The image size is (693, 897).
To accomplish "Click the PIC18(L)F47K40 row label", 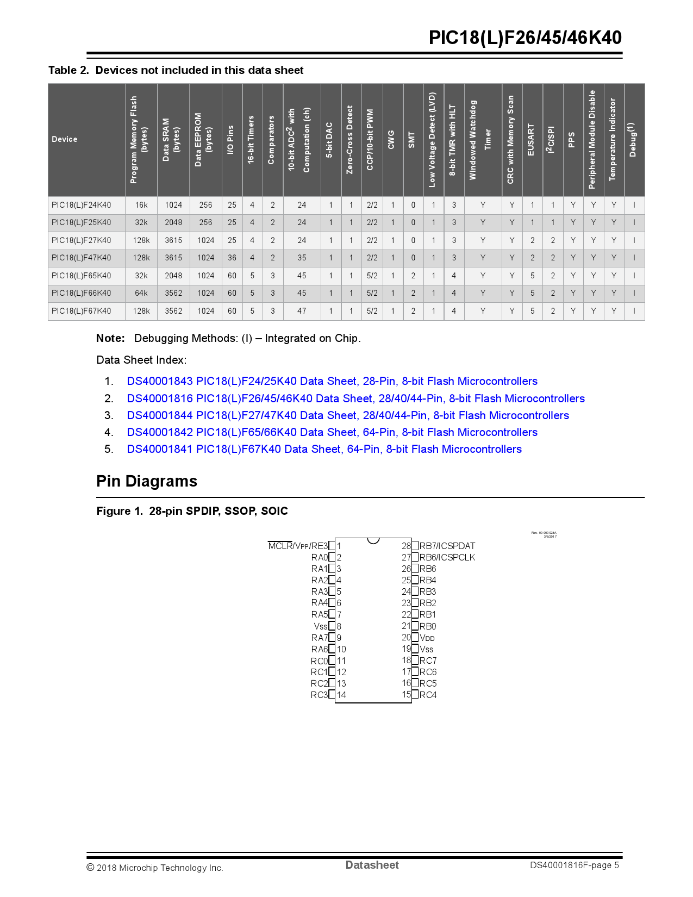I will coord(82,258).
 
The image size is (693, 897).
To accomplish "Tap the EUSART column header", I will coord(531,139).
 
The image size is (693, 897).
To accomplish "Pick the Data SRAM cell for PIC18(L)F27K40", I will coord(173,240).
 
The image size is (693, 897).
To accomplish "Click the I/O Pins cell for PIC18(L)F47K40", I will coord(232,258).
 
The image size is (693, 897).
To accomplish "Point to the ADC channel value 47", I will coord(302,311).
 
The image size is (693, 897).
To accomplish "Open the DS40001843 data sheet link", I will coord(332,381).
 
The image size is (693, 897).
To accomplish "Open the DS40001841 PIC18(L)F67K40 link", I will coord(324,449).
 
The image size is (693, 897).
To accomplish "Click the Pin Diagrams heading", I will coord(147,481).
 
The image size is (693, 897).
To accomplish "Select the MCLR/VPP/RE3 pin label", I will coord(298,546).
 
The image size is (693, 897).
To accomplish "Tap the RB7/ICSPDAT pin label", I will coord(447,546).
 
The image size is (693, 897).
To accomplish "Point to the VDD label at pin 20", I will coord(427,638).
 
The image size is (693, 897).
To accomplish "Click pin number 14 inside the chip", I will coord(341,695).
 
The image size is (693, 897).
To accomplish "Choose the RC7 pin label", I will coord(428,661).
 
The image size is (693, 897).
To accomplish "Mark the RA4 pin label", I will coord(320,603).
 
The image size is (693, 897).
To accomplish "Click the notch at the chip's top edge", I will coord(373,540).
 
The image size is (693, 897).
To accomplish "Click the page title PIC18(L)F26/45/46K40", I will coord(525,38).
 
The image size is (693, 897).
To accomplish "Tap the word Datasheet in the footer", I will coord(372,865).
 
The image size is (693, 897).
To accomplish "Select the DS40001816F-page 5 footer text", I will coord(575,865).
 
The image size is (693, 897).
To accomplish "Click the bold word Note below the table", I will coord(110,338).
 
